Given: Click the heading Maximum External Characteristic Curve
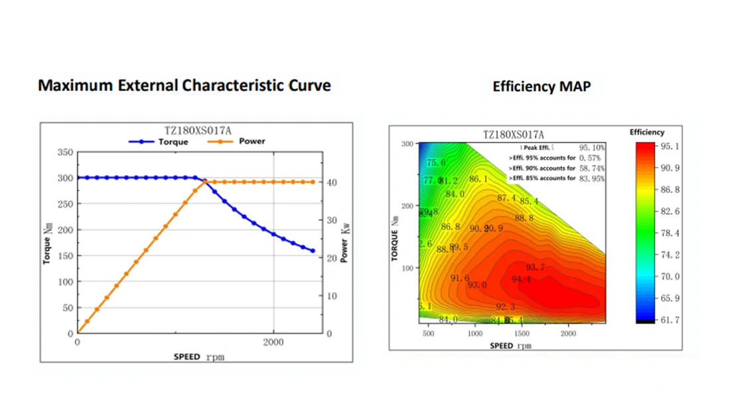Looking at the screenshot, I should (x=184, y=86).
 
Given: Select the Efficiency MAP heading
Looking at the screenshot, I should (x=541, y=87).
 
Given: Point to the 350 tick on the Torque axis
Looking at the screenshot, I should (x=64, y=152).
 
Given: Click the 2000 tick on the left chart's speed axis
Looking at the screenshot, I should (x=274, y=342).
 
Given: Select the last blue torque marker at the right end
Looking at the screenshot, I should (x=313, y=251).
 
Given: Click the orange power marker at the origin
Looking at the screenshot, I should (x=78, y=333).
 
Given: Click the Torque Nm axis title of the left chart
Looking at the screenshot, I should (x=48, y=243).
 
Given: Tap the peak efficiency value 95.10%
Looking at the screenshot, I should (x=591, y=147).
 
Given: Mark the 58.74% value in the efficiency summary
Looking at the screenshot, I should (x=591, y=168).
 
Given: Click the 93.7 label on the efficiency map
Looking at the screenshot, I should (x=535, y=267).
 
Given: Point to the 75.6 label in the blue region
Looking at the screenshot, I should (x=436, y=163).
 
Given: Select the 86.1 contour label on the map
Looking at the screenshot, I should (x=478, y=179).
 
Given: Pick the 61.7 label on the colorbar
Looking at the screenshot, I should (x=670, y=320).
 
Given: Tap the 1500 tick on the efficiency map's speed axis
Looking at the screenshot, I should (x=522, y=334).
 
